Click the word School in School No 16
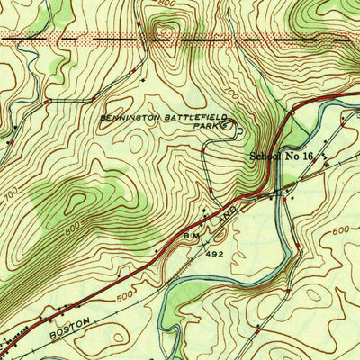point(265,157)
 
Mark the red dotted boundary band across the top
point(180,40)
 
